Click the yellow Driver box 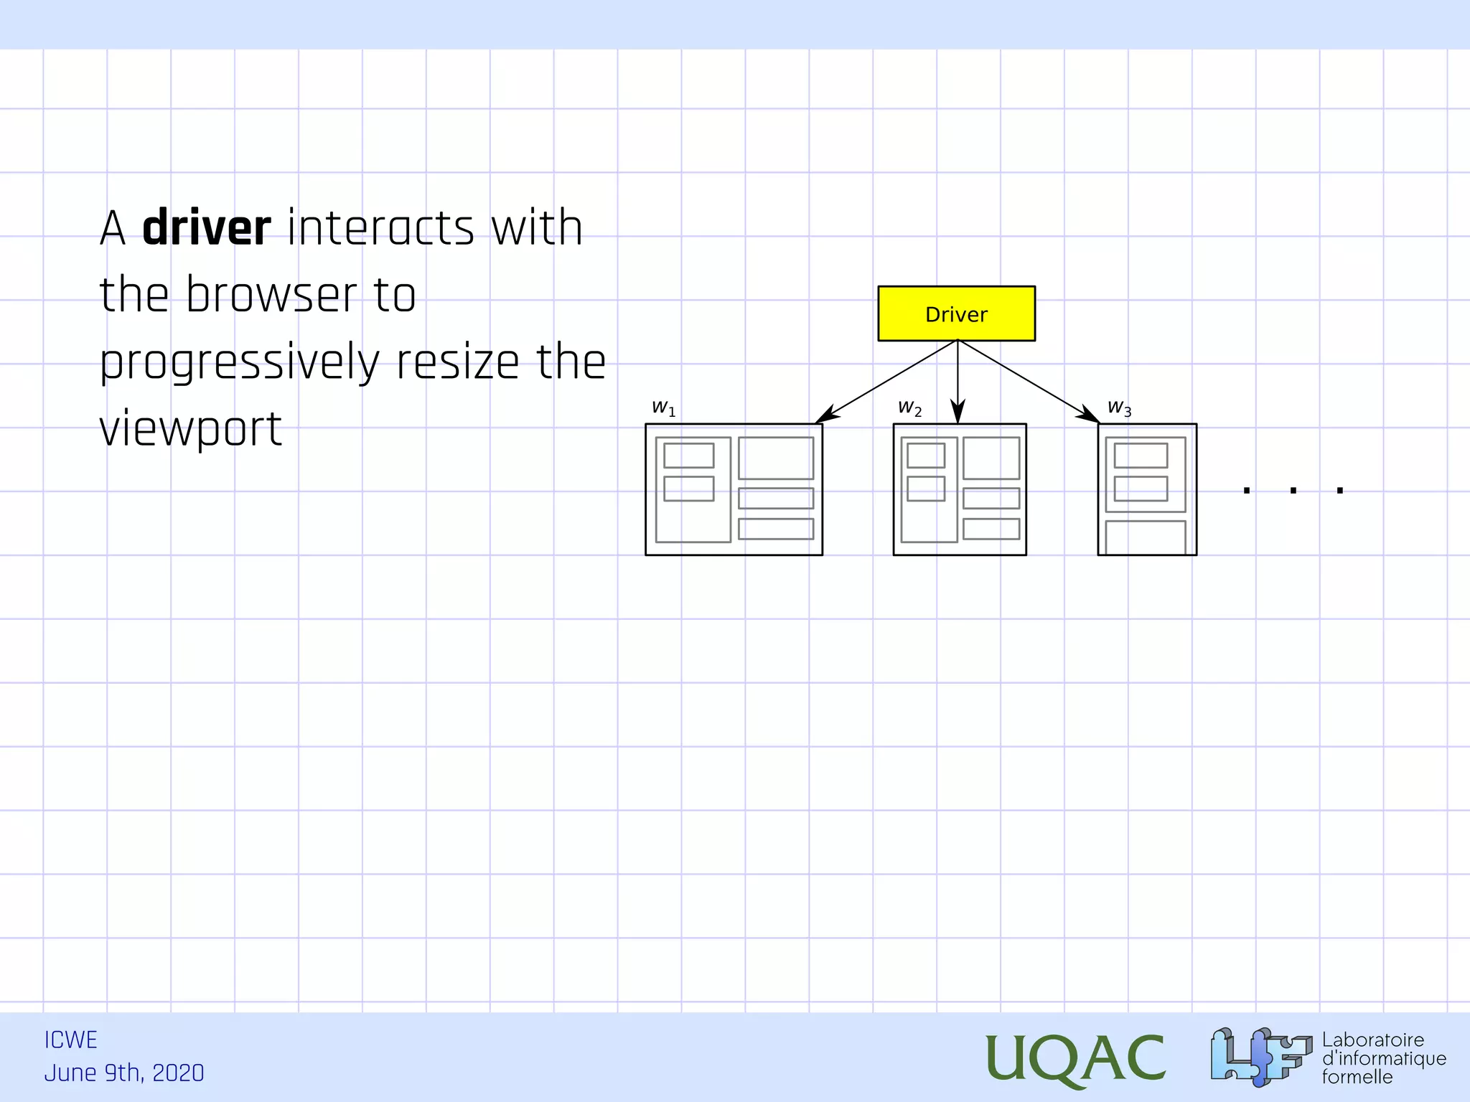[956, 314]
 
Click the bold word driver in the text [207, 228]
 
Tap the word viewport [190, 429]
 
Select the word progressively [240, 363]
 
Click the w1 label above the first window [663, 408]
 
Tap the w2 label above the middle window [909, 408]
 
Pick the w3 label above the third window [1119, 408]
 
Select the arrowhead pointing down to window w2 [958, 413]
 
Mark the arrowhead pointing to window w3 [1089, 415]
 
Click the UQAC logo [1075, 1058]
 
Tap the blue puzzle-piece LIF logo [1260, 1057]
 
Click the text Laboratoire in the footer [1372, 1040]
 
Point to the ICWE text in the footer [70, 1040]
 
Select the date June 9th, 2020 [124, 1073]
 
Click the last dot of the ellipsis [1339, 491]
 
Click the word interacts [380, 228]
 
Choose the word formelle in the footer [1357, 1077]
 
